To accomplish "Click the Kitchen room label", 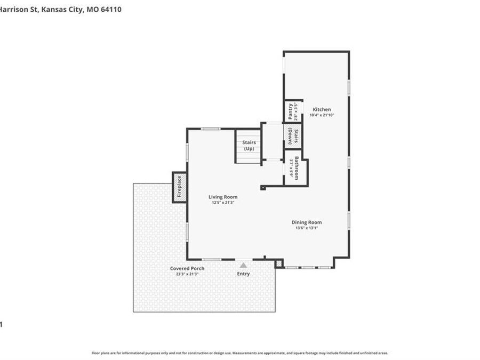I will click(322, 109).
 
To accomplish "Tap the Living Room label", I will click(223, 197).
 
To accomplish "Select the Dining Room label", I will click(306, 222).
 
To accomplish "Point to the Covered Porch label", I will click(187, 268).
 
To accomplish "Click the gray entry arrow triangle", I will click(243, 265).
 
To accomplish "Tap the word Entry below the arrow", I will click(243, 274).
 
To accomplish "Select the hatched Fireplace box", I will click(179, 187).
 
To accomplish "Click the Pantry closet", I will click(292, 111).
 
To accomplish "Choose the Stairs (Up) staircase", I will click(249, 146).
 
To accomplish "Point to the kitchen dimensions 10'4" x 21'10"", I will click(322, 115).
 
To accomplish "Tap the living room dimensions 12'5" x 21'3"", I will click(223, 203).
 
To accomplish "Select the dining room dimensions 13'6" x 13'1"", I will click(306, 228).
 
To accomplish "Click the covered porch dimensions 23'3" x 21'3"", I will click(187, 274).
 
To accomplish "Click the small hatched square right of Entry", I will click(278, 263).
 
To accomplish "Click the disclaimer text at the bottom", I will click(240, 353).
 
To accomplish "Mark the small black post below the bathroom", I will click(262, 187).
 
